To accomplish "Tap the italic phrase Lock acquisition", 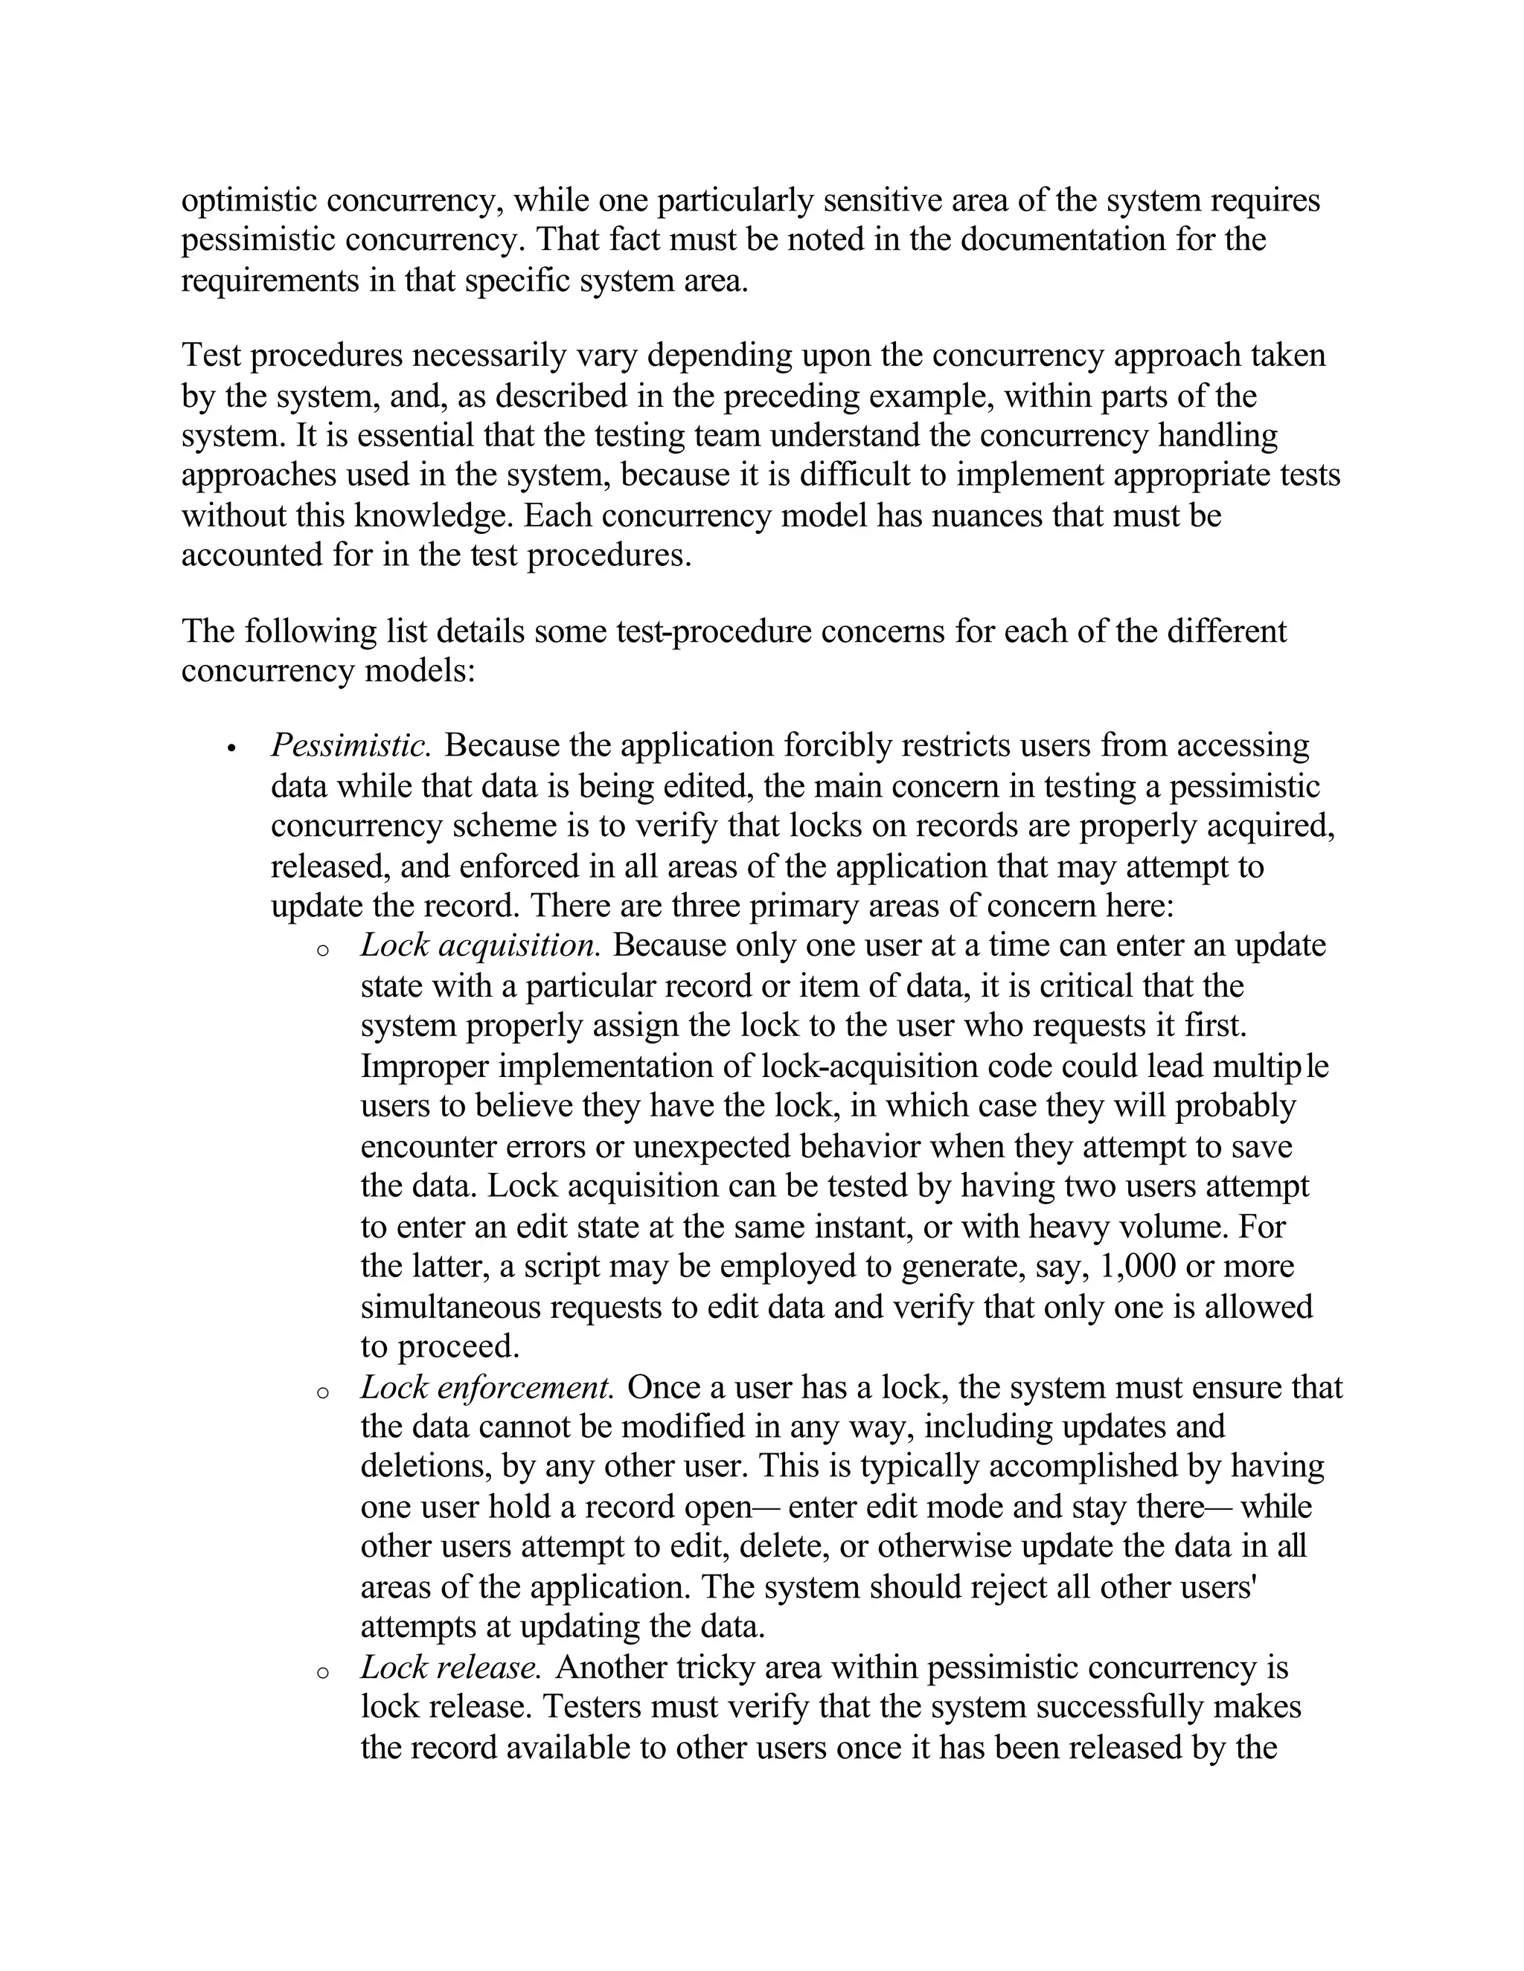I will [480, 946].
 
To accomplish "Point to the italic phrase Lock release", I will [450, 1668].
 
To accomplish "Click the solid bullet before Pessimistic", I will [232, 749].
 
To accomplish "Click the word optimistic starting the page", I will [249, 200].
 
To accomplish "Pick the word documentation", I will [1063, 240].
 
